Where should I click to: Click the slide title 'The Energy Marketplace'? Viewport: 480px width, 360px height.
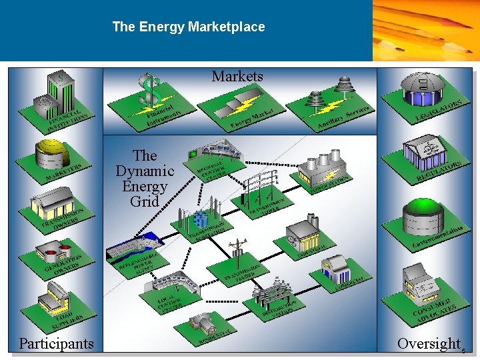click(189, 27)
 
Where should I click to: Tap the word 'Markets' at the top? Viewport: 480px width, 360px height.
click(237, 77)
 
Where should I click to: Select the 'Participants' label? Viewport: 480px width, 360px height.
click(56, 343)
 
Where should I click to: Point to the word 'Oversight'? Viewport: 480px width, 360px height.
click(429, 343)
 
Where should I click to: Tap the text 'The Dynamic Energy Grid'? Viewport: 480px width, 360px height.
click(145, 178)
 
